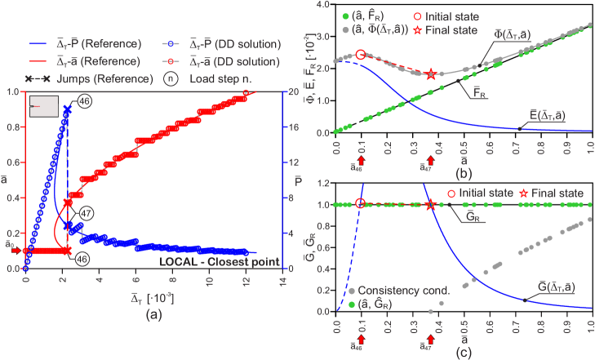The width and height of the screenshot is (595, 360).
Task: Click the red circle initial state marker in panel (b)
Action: point(361,55)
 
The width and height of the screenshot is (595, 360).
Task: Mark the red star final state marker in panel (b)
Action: point(432,74)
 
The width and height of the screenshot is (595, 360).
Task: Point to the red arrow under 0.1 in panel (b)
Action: point(361,164)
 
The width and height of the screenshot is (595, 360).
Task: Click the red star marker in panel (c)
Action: point(431,204)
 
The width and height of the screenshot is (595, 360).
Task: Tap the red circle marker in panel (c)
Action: point(361,203)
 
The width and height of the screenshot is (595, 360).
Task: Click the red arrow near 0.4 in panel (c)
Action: point(431,337)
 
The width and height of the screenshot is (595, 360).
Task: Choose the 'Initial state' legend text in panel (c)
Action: point(482,193)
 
